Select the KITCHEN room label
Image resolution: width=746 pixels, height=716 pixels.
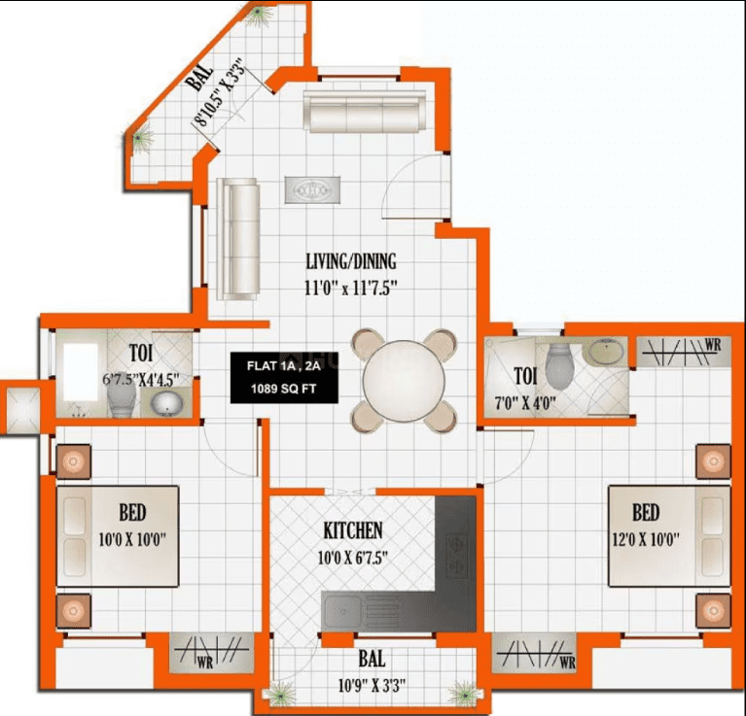click(353, 530)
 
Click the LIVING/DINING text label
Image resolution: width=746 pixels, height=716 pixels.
click(351, 261)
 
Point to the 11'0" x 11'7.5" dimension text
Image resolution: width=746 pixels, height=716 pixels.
click(351, 287)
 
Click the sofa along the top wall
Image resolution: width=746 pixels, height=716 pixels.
click(364, 112)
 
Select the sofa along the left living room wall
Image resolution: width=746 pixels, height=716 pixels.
click(238, 239)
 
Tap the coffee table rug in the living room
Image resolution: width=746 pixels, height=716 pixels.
click(312, 188)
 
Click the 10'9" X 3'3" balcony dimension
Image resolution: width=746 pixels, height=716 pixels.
click(373, 685)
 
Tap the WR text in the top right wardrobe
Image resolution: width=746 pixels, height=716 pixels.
click(713, 344)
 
